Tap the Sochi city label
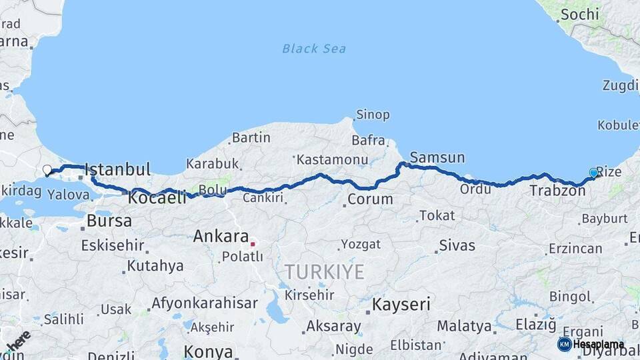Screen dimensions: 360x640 (579, 14)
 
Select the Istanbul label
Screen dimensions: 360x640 (117, 169)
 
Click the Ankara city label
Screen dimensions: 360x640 (221, 236)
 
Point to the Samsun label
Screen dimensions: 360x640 (437, 158)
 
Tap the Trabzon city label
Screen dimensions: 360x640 (557, 191)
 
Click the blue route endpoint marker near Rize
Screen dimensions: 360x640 (593, 173)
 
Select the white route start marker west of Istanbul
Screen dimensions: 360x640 (47, 170)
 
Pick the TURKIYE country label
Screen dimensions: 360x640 (325, 272)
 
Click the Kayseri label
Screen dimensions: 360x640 (401, 305)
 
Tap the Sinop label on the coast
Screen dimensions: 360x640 (373, 115)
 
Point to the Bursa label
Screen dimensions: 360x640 (109, 221)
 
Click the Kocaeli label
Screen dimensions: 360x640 (157, 198)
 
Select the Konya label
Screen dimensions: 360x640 (209, 351)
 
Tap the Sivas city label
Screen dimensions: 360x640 (457, 246)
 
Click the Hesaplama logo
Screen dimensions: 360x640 (591, 344)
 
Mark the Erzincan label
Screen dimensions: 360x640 (575, 249)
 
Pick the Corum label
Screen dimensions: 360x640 (370, 199)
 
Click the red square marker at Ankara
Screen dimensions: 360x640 (253, 244)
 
